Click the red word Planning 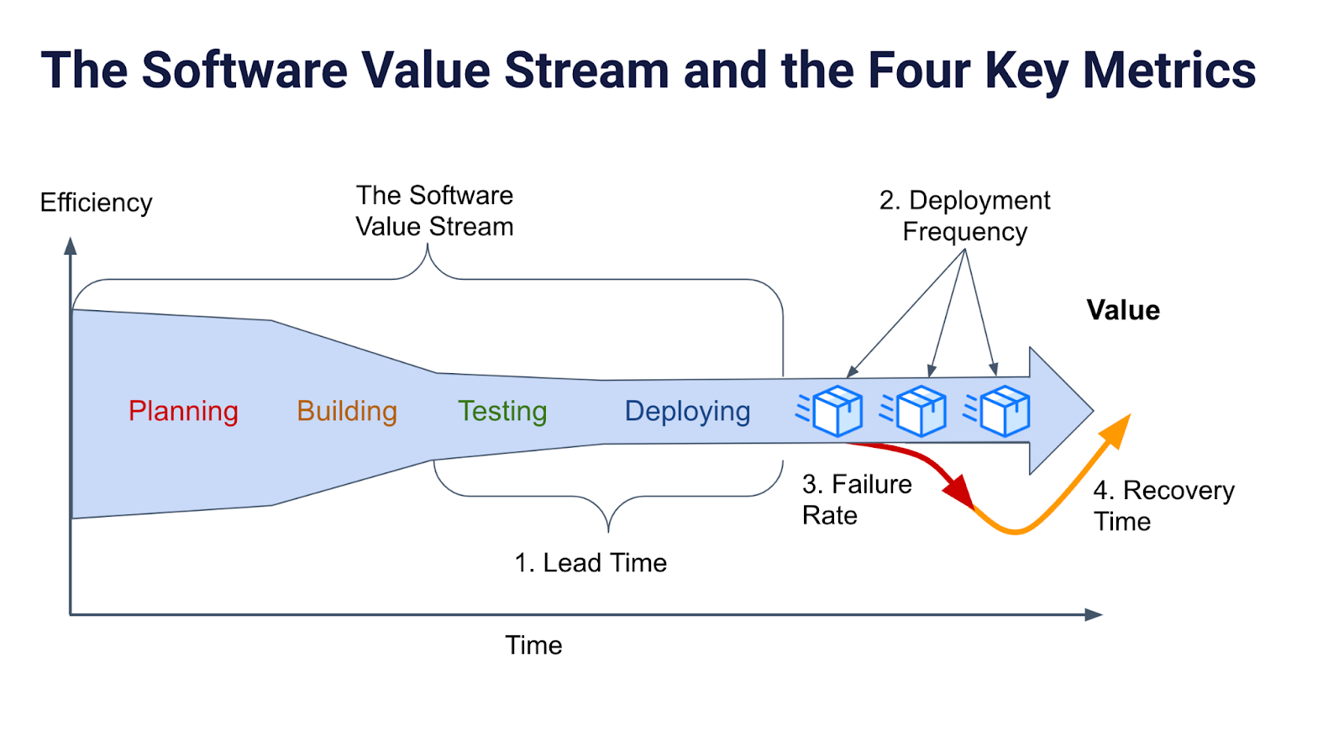coord(183,411)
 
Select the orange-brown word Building coord(347,411)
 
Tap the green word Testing coord(502,411)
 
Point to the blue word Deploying coord(687,411)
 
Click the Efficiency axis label coord(96,203)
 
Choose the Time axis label coord(533,645)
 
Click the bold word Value coord(1123,310)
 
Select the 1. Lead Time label coord(591,562)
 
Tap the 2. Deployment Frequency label coord(964,215)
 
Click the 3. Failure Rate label coord(856,499)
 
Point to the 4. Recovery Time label coord(1163,505)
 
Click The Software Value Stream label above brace coord(434,211)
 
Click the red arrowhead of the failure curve coord(959,491)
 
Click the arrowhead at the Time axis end coord(1093,614)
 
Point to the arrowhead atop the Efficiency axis coord(71,245)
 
